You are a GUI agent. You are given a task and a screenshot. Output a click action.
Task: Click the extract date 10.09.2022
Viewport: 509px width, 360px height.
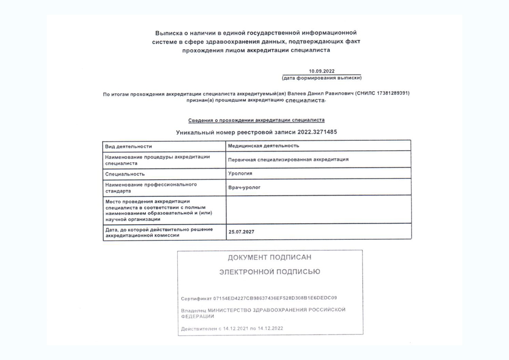[322, 71]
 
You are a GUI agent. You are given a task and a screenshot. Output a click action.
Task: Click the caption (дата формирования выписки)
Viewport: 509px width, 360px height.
[322, 78]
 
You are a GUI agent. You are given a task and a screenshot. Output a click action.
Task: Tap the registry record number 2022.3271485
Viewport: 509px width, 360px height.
[317, 132]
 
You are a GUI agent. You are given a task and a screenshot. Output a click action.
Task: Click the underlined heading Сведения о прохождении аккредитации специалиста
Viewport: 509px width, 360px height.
[256, 120]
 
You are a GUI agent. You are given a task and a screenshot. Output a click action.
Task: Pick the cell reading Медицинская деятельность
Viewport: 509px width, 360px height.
[263, 146]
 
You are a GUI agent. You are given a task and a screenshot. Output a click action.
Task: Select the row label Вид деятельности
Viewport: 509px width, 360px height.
[128, 147]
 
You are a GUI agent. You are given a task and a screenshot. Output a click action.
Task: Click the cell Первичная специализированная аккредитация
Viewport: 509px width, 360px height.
[288, 159]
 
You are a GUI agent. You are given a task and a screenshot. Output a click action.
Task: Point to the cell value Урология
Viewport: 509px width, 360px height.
[240, 173]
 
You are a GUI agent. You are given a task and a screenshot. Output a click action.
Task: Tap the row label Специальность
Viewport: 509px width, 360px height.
[125, 174]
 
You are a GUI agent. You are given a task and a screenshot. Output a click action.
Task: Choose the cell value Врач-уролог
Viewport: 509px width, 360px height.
[244, 188]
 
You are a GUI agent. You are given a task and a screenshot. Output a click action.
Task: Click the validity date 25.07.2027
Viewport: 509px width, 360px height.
[241, 232]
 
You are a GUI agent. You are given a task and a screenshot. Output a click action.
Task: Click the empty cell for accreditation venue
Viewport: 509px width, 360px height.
[318, 210]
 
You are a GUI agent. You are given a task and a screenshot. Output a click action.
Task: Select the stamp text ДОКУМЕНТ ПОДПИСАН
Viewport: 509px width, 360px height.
[270, 258]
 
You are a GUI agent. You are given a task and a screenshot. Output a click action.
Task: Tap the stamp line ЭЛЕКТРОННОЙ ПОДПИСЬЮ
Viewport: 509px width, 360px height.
[270, 272]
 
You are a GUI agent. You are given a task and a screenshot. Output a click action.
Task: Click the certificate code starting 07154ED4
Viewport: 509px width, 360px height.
[275, 298]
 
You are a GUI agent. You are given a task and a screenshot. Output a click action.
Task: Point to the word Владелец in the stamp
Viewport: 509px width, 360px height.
[193, 310]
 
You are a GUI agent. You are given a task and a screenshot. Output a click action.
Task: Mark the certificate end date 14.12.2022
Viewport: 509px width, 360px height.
[270, 328]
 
